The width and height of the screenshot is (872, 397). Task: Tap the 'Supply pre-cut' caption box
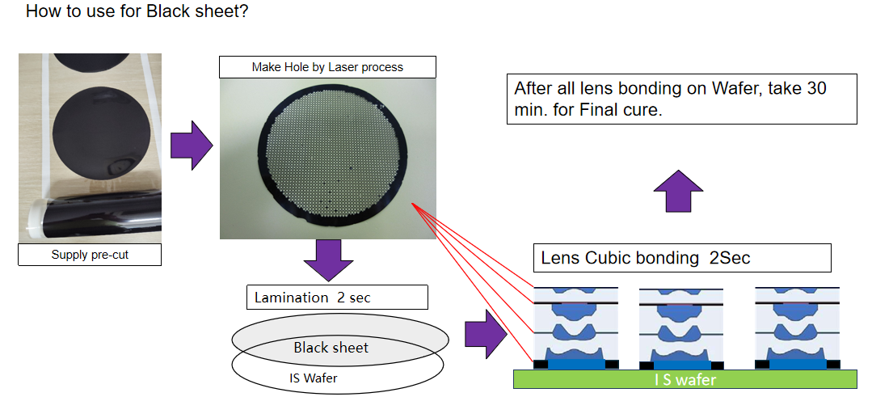[x=90, y=256]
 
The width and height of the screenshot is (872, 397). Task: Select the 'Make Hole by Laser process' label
[x=327, y=67]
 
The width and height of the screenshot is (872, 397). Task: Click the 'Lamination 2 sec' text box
[x=336, y=297]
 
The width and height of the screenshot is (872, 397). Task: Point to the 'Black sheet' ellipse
[x=331, y=348]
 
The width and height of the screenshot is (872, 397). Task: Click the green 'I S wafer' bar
[x=685, y=379]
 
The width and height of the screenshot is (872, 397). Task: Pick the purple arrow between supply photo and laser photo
[x=192, y=146]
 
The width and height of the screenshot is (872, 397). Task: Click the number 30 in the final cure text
[x=816, y=88]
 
